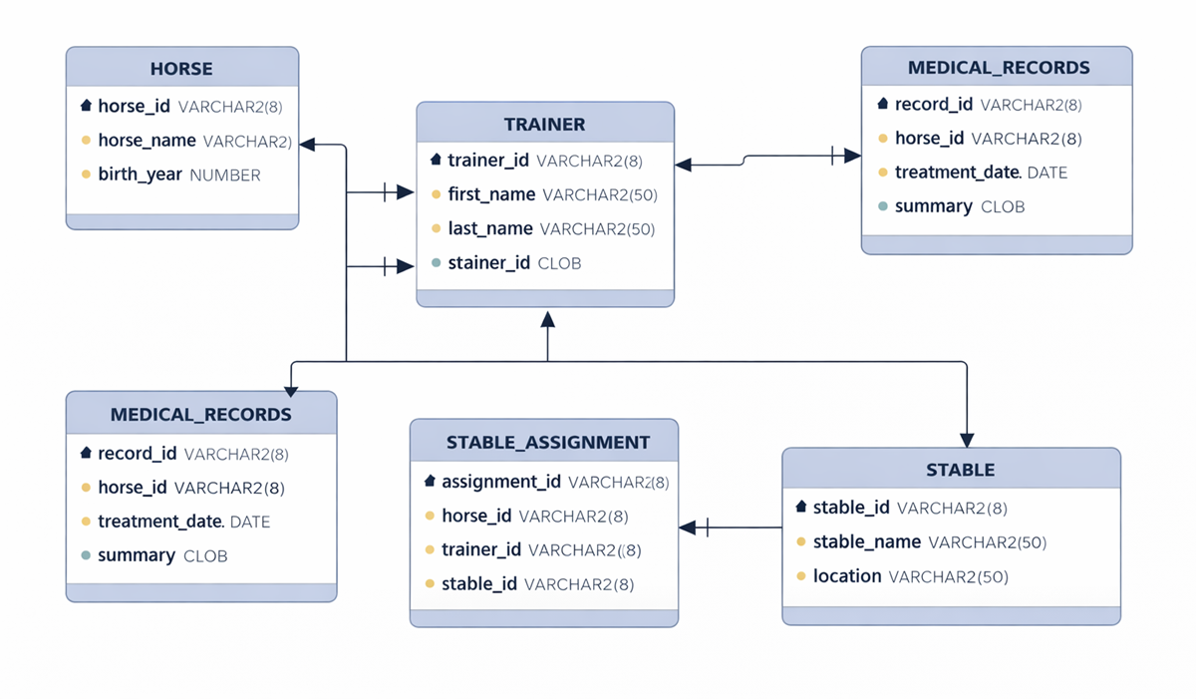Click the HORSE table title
pyautogui.click(x=181, y=69)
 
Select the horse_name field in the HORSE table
pyautogui.click(x=146, y=142)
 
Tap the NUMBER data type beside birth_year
pyautogui.click(x=224, y=175)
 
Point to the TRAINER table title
pyautogui.click(x=544, y=125)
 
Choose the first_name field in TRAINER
pyautogui.click(x=491, y=194)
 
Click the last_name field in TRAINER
pyautogui.click(x=490, y=228)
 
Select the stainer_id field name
pyautogui.click(x=488, y=263)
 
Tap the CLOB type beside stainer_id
pyautogui.click(x=559, y=264)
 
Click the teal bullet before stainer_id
pyautogui.click(x=436, y=263)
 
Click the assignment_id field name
pyautogui.click(x=500, y=482)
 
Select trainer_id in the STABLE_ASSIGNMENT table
pyautogui.click(x=481, y=549)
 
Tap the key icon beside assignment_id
pyautogui.click(x=430, y=482)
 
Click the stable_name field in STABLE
pyautogui.click(x=866, y=542)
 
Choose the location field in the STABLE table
pyautogui.click(x=847, y=576)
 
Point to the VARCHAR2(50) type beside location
pyautogui.click(x=948, y=577)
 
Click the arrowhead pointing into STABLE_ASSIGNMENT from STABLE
pyautogui.click(x=687, y=527)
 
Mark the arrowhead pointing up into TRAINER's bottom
pyautogui.click(x=546, y=319)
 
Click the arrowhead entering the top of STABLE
pyautogui.click(x=966, y=440)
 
